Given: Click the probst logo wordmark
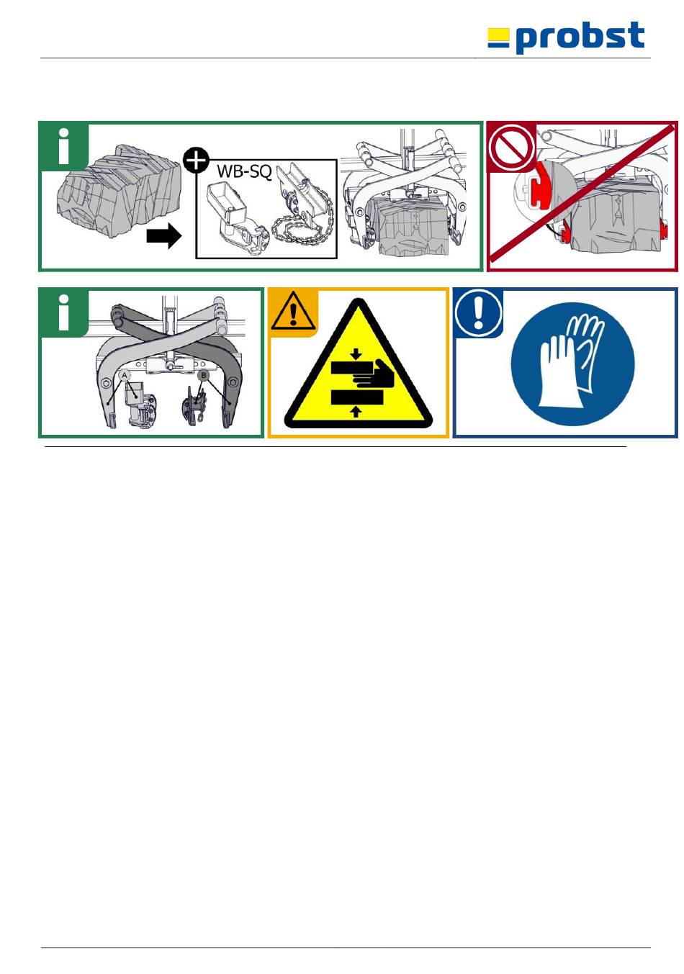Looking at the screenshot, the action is point(580,37).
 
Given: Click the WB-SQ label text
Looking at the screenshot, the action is point(244,171).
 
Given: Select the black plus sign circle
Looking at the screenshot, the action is point(196,160).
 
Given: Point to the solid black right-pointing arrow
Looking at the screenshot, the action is point(164,237).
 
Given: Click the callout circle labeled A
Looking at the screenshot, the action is point(125,375).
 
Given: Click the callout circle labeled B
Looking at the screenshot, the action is point(203,375).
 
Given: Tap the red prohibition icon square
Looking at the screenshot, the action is point(511,146).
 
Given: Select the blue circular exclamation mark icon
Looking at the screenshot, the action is point(478,312).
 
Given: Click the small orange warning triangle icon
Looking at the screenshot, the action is point(293,312).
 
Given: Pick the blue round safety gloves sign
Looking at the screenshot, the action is point(572,364).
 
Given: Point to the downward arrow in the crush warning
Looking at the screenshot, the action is point(356,353).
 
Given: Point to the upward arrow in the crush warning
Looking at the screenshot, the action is point(356,411).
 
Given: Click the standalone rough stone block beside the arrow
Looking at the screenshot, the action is point(118,191).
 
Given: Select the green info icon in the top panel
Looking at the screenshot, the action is point(64,146).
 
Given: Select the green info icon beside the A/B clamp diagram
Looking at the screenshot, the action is point(64,312).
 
